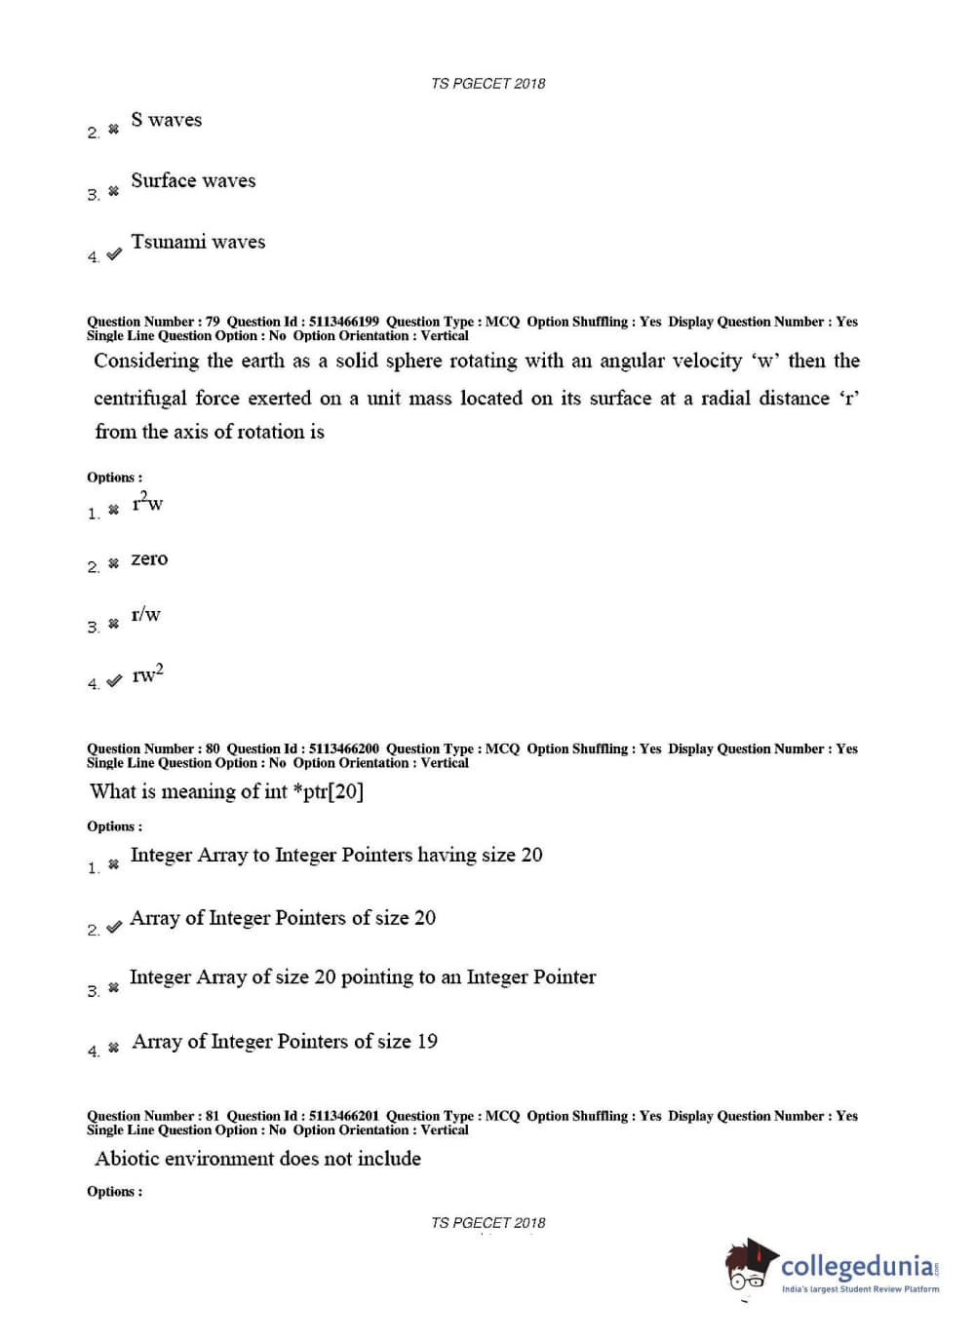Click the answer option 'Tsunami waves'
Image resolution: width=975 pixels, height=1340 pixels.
point(198,242)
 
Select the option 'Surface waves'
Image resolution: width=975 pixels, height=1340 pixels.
point(193,181)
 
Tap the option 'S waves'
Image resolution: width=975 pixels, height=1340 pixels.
point(166,120)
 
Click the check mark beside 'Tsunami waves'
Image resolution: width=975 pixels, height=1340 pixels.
point(114,254)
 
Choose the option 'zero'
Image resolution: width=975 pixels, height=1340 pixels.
point(149,559)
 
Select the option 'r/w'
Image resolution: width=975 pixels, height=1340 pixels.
point(145,615)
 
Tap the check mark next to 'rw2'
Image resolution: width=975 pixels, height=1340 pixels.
point(114,681)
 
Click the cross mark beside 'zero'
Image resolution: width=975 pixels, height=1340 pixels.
point(113,563)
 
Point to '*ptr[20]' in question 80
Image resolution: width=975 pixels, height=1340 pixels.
point(328,791)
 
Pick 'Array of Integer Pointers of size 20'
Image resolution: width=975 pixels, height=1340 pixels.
point(283,918)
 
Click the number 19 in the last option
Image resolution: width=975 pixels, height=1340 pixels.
point(427,1042)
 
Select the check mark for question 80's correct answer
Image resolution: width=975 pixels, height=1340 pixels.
point(114,927)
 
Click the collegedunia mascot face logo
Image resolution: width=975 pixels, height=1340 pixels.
point(750,1266)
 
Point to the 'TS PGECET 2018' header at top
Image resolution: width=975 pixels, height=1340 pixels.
point(487,84)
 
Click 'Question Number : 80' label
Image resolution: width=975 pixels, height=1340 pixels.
point(153,749)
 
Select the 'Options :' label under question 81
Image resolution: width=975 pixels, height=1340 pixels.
point(114,1192)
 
